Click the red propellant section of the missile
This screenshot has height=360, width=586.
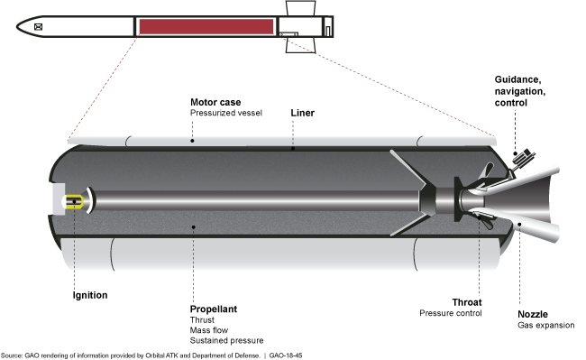click(x=206, y=26)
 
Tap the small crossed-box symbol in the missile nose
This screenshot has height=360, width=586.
click(x=38, y=26)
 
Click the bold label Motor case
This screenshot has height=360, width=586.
click(x=215, y=102)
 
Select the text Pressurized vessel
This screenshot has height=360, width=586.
click(x=226, y=113)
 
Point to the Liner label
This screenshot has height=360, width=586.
click(x=302, y=113)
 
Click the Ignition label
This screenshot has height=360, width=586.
click(x=90, y=295)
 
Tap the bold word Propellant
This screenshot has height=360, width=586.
click(x=214, y=309)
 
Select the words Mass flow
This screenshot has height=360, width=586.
click(x=209, y=330)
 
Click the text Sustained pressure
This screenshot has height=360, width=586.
click(x=226, y=340)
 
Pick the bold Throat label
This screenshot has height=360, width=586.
click(x=467, y=302)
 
